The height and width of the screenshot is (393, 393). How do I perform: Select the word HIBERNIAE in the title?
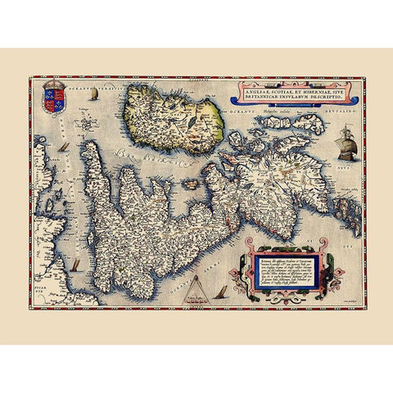coord(320,84)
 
